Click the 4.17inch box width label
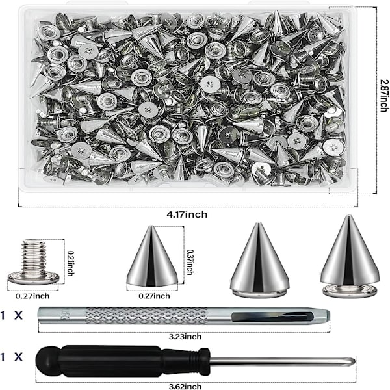(x=187, y=214)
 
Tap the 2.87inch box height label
(x=384, y=96)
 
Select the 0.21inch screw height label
(x=71, y=263)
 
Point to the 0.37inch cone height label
(x=190, y=262)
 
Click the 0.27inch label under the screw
(x=32, y=296)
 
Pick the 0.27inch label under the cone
(x=155, y=296)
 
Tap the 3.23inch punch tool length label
(x=185, y=337)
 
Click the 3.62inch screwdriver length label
(x=185, y=387)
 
